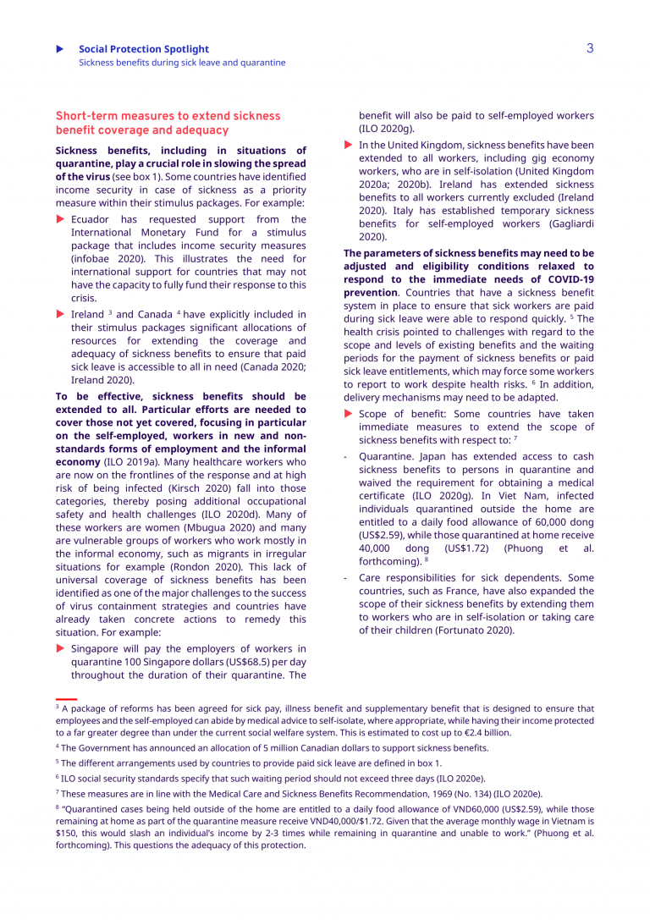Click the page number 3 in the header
tap(590, 48)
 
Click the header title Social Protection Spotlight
tap(144, 49)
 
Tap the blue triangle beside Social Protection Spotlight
tap(59, 49)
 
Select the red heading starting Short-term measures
tap(168, 123)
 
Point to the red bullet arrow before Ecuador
tap(60, 219)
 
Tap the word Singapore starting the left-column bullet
tap(97, 648)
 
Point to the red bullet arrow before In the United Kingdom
tap(348, 145)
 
